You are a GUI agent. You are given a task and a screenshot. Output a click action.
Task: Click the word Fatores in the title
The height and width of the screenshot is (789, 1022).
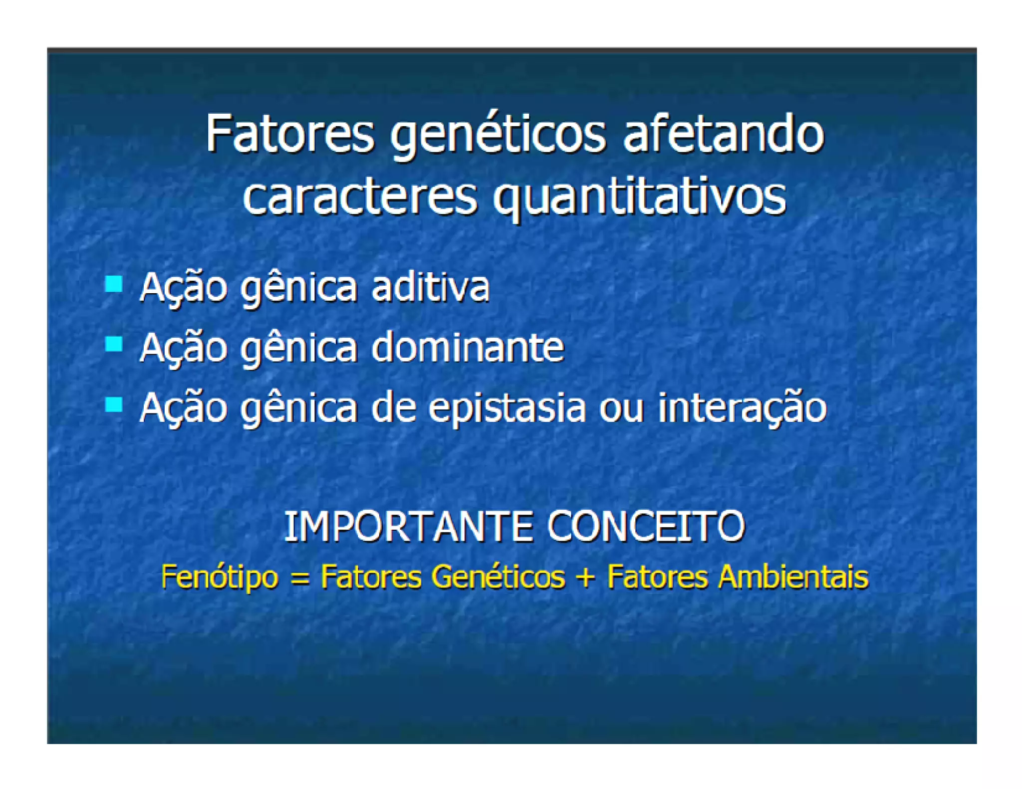pos(289,134)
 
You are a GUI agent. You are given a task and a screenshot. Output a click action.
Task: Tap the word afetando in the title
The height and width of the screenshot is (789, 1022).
pos(723,134)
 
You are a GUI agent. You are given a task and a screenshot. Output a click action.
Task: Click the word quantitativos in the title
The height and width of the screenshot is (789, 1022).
pos(639,198)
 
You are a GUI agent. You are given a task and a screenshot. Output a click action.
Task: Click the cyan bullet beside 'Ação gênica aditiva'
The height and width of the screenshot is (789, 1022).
pos(114,284)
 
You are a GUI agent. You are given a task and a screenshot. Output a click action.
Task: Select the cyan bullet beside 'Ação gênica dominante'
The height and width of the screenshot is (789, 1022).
pos(114,344)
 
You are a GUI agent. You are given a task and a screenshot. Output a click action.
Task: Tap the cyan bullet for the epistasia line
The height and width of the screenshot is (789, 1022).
pos(114,404)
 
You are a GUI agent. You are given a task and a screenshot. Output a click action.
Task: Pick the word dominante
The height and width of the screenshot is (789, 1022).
pos(468,347)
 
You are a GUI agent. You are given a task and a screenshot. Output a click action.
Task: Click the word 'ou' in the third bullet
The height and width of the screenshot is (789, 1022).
pos(621,409)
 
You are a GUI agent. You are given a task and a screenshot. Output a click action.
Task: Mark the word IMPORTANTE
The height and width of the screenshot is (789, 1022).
pos(408,527)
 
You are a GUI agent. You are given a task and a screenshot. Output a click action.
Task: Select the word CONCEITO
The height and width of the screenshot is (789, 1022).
pos(646,527)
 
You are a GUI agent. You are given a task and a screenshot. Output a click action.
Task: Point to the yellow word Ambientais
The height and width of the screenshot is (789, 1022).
pos(793,577)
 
